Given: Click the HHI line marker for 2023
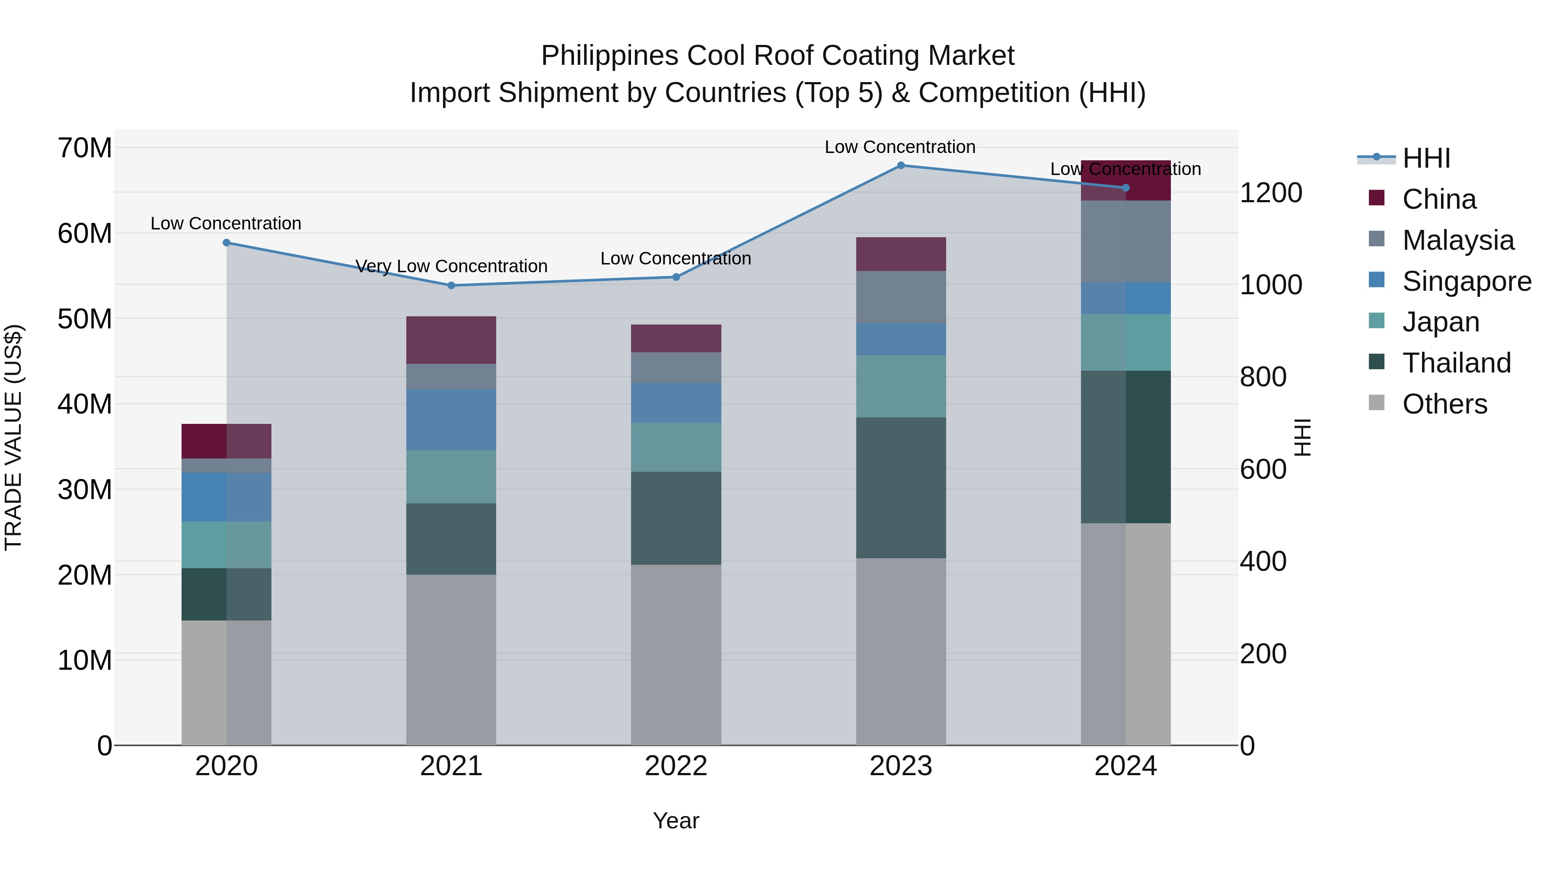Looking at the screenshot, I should pyautogui.click(x=901, y=165).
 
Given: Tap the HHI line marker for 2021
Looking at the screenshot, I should pyautogui.click(x=451, y=286).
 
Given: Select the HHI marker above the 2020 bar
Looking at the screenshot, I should pyautogui.click(x=226, y=243).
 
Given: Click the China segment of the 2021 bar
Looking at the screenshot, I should pyautogui.click(x=451, y=340).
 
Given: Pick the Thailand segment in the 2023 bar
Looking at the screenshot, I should pyautogui.click(x=901, y=487).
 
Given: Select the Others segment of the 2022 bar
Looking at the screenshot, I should pyautogui.click(x=676, y=655).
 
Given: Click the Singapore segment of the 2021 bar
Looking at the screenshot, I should pyautogui.click(x=451, y=420).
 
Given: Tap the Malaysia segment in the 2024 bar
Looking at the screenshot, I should pyautogui.click(x=1126, y=242).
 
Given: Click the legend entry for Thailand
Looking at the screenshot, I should pyautogui.click(x=1456, y=363).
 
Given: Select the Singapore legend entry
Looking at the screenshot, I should pyautogui.click(x=1467, y=281).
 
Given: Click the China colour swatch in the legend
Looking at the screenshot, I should pyautogui.click(x=1377, y=198).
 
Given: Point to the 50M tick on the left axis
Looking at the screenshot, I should pyautogui.click(x=85, y=319).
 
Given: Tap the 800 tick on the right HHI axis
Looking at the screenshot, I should pyautogui.click(x=1263, y=377).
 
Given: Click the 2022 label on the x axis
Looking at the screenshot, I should pyautogui.click(x=676, y=766).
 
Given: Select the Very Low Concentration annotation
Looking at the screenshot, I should pyautogui.click(x=451, y=266).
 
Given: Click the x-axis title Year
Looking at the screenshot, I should pyautogui.click(x=676, y=821).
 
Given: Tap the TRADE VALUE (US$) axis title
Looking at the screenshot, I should pyautogui.click(x=13, y=437).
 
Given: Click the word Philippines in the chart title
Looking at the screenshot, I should pyautogui.click(x=609, y=56).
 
